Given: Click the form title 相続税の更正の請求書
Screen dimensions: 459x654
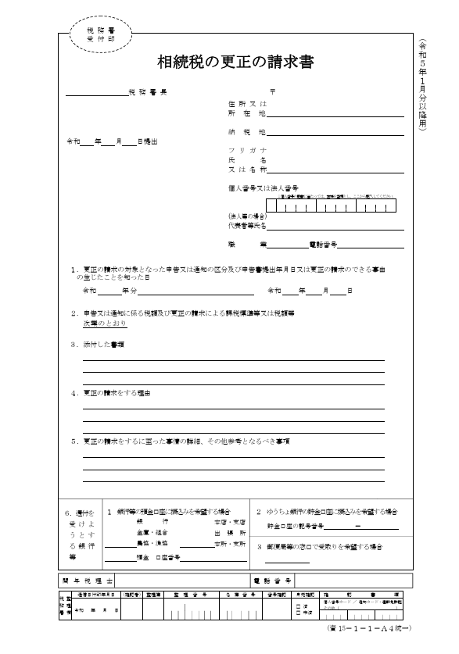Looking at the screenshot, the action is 235,62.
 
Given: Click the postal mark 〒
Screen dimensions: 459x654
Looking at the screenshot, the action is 272,92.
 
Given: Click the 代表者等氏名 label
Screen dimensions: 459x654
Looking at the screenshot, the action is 247,226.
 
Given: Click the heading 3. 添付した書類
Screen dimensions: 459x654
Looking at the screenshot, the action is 98,343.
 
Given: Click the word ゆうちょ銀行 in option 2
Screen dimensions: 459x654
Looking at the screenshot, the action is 281,511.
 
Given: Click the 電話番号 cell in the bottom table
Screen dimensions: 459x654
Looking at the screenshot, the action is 272,581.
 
